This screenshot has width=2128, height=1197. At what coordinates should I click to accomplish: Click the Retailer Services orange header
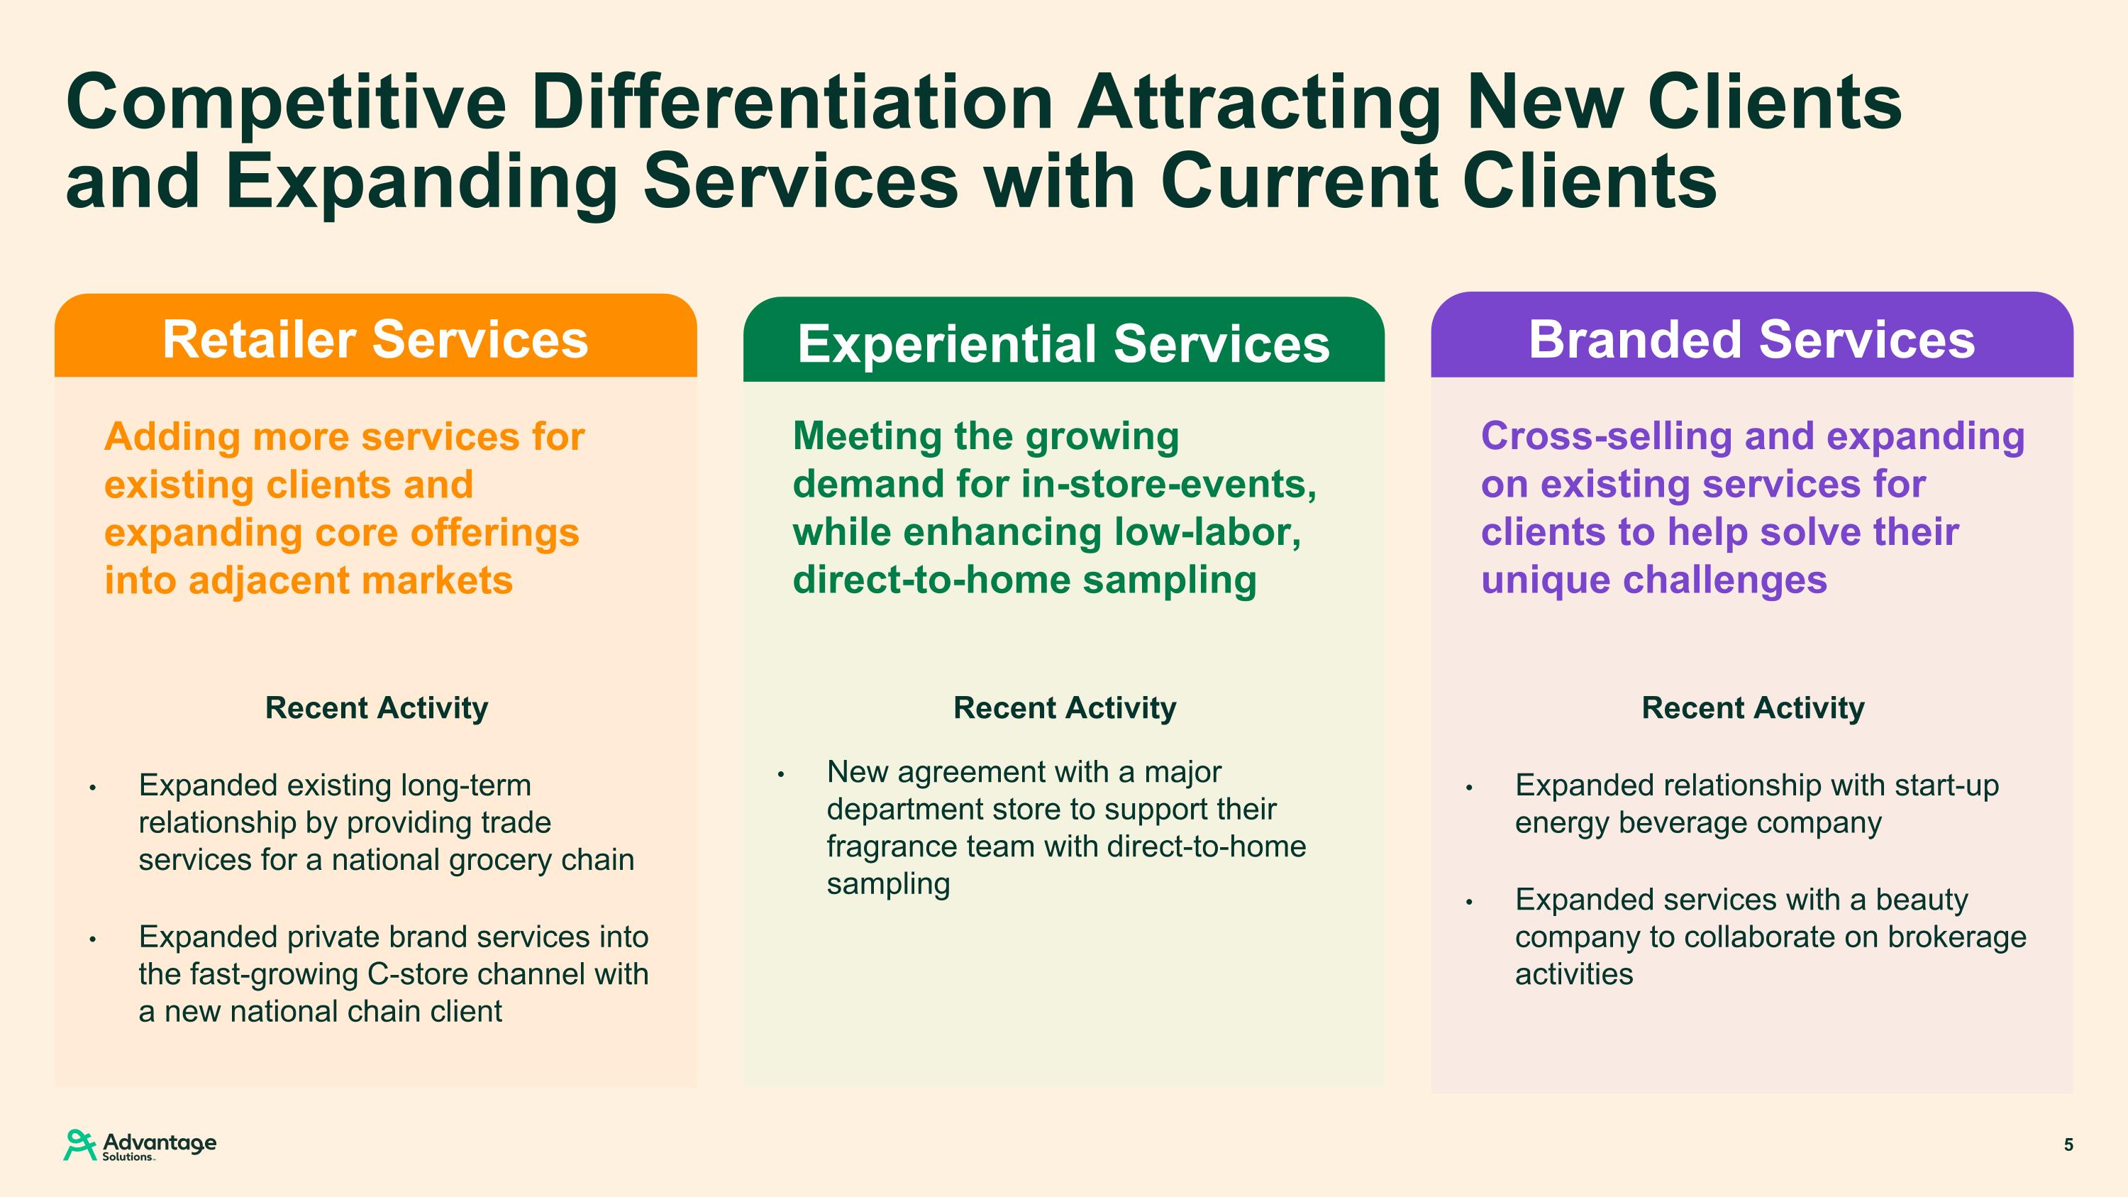[376, 336]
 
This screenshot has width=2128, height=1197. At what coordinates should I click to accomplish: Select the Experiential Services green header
[1064, 340]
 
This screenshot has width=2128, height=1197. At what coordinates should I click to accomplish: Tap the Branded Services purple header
[1752, 335]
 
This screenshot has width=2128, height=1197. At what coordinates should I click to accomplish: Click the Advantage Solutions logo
[140, 1145]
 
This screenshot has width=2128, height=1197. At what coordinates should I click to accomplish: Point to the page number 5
[2068, 1145]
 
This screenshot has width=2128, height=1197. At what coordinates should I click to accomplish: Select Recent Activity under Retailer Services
[377, 708]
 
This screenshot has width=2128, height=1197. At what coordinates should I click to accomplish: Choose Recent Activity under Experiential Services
[1065, 708]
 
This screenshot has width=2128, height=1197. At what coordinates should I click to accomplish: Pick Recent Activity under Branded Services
[1753, 708]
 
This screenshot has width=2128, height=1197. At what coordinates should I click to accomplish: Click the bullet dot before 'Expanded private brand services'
[94, 939]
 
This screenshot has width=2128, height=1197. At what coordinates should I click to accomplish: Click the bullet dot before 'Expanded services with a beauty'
[1470, 902]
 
